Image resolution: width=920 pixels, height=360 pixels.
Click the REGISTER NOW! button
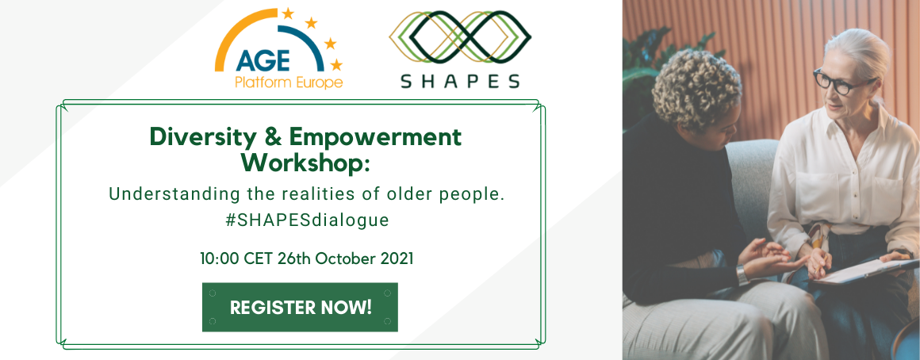point(300,307)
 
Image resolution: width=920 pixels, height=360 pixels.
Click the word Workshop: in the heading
point(305,163)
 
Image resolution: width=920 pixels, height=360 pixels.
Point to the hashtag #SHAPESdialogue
point(307,220)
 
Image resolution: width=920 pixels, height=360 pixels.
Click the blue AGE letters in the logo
point(263,61)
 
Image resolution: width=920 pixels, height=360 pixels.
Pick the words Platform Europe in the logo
point(289,82)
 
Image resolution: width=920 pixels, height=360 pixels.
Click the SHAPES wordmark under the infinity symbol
point(460,81)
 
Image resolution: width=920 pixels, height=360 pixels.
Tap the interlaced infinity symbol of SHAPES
point(460,36)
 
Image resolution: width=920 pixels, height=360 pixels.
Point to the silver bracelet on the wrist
point(742,275)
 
